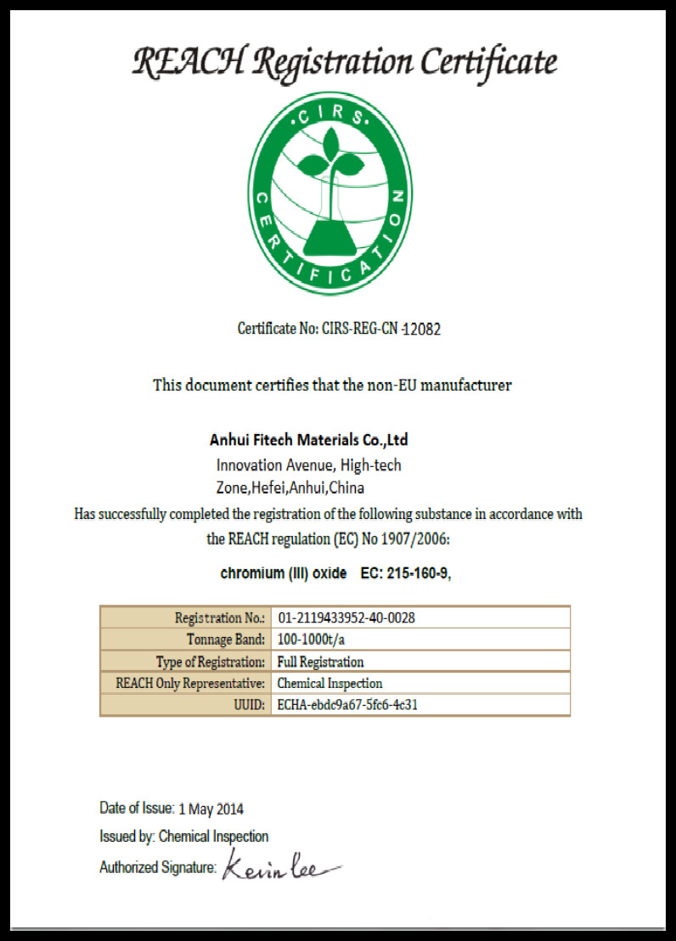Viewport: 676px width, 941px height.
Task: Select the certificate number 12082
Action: coord(421,329)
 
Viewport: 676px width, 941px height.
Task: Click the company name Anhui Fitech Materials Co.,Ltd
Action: coord(308,440)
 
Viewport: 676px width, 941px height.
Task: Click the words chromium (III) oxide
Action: coord(283,573)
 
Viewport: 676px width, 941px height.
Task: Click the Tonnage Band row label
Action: coord(226,640)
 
